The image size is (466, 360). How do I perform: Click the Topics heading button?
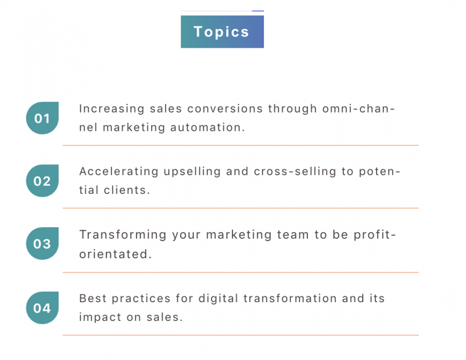[x=222, y=31]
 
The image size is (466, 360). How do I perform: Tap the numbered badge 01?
[x=42, y=118]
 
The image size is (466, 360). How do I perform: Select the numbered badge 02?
[x=42, y=181]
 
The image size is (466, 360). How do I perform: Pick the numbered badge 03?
[x=42, y=244]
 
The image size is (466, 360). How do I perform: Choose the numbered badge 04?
[x=42, y=308]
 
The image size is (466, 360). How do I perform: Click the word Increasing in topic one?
[x=111, y=109]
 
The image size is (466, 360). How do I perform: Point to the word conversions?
[x=225, y=109]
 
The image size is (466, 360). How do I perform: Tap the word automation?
[x=207, y=127]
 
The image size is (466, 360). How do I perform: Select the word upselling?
[x=192, y=172]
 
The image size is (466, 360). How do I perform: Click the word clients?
[x=127, y=190]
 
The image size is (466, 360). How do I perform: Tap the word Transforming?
[x=123, y=235]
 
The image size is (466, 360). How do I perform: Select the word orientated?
[x=115, y=254]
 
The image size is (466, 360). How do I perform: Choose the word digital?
[x=218, y=299]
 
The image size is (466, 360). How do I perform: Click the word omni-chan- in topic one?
[x=358, y=109]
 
